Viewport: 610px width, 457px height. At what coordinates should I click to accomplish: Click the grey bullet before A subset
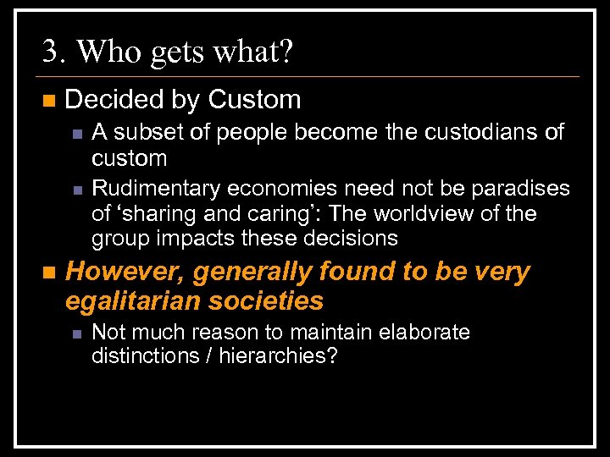(76, 133)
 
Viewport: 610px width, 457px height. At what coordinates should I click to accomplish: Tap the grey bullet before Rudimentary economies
(76, 189)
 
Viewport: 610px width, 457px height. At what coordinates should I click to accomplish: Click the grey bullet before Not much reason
(76, 333)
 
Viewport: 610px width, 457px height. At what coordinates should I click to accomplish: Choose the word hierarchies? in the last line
(279, 355)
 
